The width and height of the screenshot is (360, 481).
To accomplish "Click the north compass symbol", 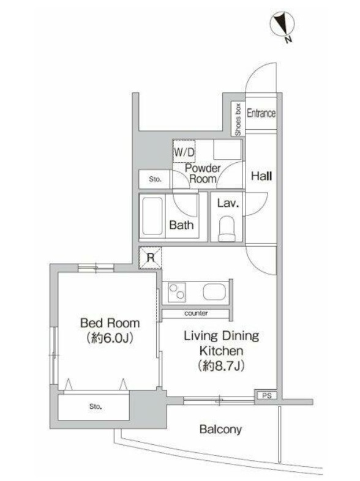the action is pos(282,24).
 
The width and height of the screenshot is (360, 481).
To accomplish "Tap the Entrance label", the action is pos(261,113).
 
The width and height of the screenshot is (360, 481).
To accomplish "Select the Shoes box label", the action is pos(238,119).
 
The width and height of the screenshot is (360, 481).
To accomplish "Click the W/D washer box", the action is pos(184,151).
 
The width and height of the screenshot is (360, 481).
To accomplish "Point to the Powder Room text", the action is pos(203,173).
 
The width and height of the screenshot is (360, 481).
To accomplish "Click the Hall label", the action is pos(261,176).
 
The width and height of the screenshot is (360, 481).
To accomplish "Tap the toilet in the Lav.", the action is pos(227,229).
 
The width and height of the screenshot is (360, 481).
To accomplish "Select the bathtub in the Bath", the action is pos(152,217).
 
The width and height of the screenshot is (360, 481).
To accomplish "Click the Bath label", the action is pos(181,225).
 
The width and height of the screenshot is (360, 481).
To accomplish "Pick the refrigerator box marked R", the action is pos(150,258).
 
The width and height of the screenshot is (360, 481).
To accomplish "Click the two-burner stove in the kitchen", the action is pos(176,291).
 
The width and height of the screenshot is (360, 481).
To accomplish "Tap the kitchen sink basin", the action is pos(214,292).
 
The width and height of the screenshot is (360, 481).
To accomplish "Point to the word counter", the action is pos(196,313).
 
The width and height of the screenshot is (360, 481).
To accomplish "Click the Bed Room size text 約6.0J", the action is pos(110,338).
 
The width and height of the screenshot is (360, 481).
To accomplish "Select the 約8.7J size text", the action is pos(221,365).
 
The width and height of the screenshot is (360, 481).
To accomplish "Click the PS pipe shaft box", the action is pos(266,396).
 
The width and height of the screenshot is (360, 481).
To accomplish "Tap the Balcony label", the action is pos(220,430).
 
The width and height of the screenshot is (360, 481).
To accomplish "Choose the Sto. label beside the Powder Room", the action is pos(155,179).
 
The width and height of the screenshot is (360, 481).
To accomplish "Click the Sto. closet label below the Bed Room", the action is pos(96,406).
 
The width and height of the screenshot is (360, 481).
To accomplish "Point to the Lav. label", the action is pos(228,203).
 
